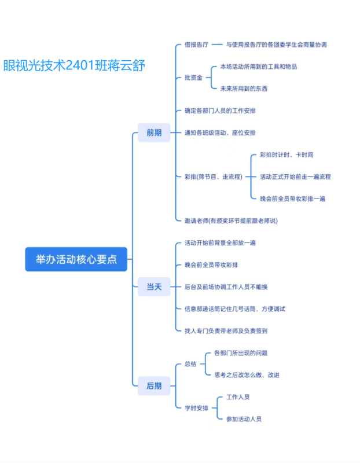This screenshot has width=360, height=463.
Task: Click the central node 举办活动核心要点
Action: click(x=76, y=259)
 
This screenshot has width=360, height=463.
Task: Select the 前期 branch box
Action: click(x=154, y=133)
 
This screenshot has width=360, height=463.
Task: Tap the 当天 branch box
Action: click(x=154, y=286)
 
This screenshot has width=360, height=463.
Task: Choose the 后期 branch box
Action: click(x=154, y=385)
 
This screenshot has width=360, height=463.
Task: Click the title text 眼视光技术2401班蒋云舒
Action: click(x=74, y=65)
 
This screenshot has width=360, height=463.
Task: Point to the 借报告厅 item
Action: click(x=196, y=45)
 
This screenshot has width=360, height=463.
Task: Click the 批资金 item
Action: click(x=193, y=78)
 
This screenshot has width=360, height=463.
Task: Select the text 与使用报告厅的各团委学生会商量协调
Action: click(x=276, y=45)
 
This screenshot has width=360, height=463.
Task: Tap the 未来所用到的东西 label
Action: click(x=244, y=89)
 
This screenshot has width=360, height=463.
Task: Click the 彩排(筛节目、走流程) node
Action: click(x=213, y=177)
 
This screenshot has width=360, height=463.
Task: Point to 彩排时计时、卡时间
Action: click(x=286, y=155)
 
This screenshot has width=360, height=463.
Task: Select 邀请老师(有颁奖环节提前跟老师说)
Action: click(x=231, y=221)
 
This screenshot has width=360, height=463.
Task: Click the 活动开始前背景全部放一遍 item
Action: click(x=220, y=242)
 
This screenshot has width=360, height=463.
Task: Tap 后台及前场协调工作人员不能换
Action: click(x=226, y=286)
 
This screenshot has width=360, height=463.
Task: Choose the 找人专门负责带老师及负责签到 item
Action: click(x=226, y=330)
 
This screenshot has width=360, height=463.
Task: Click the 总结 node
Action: click(x=190, y=364)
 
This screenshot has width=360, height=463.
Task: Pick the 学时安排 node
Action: click(x=196, y=407)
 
